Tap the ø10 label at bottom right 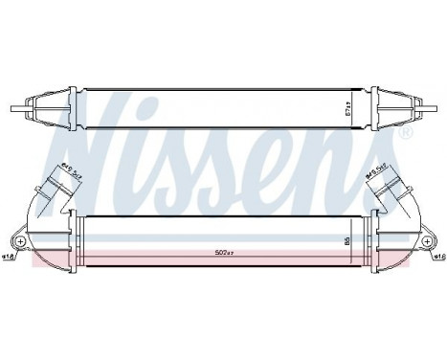tap(437, 257)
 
